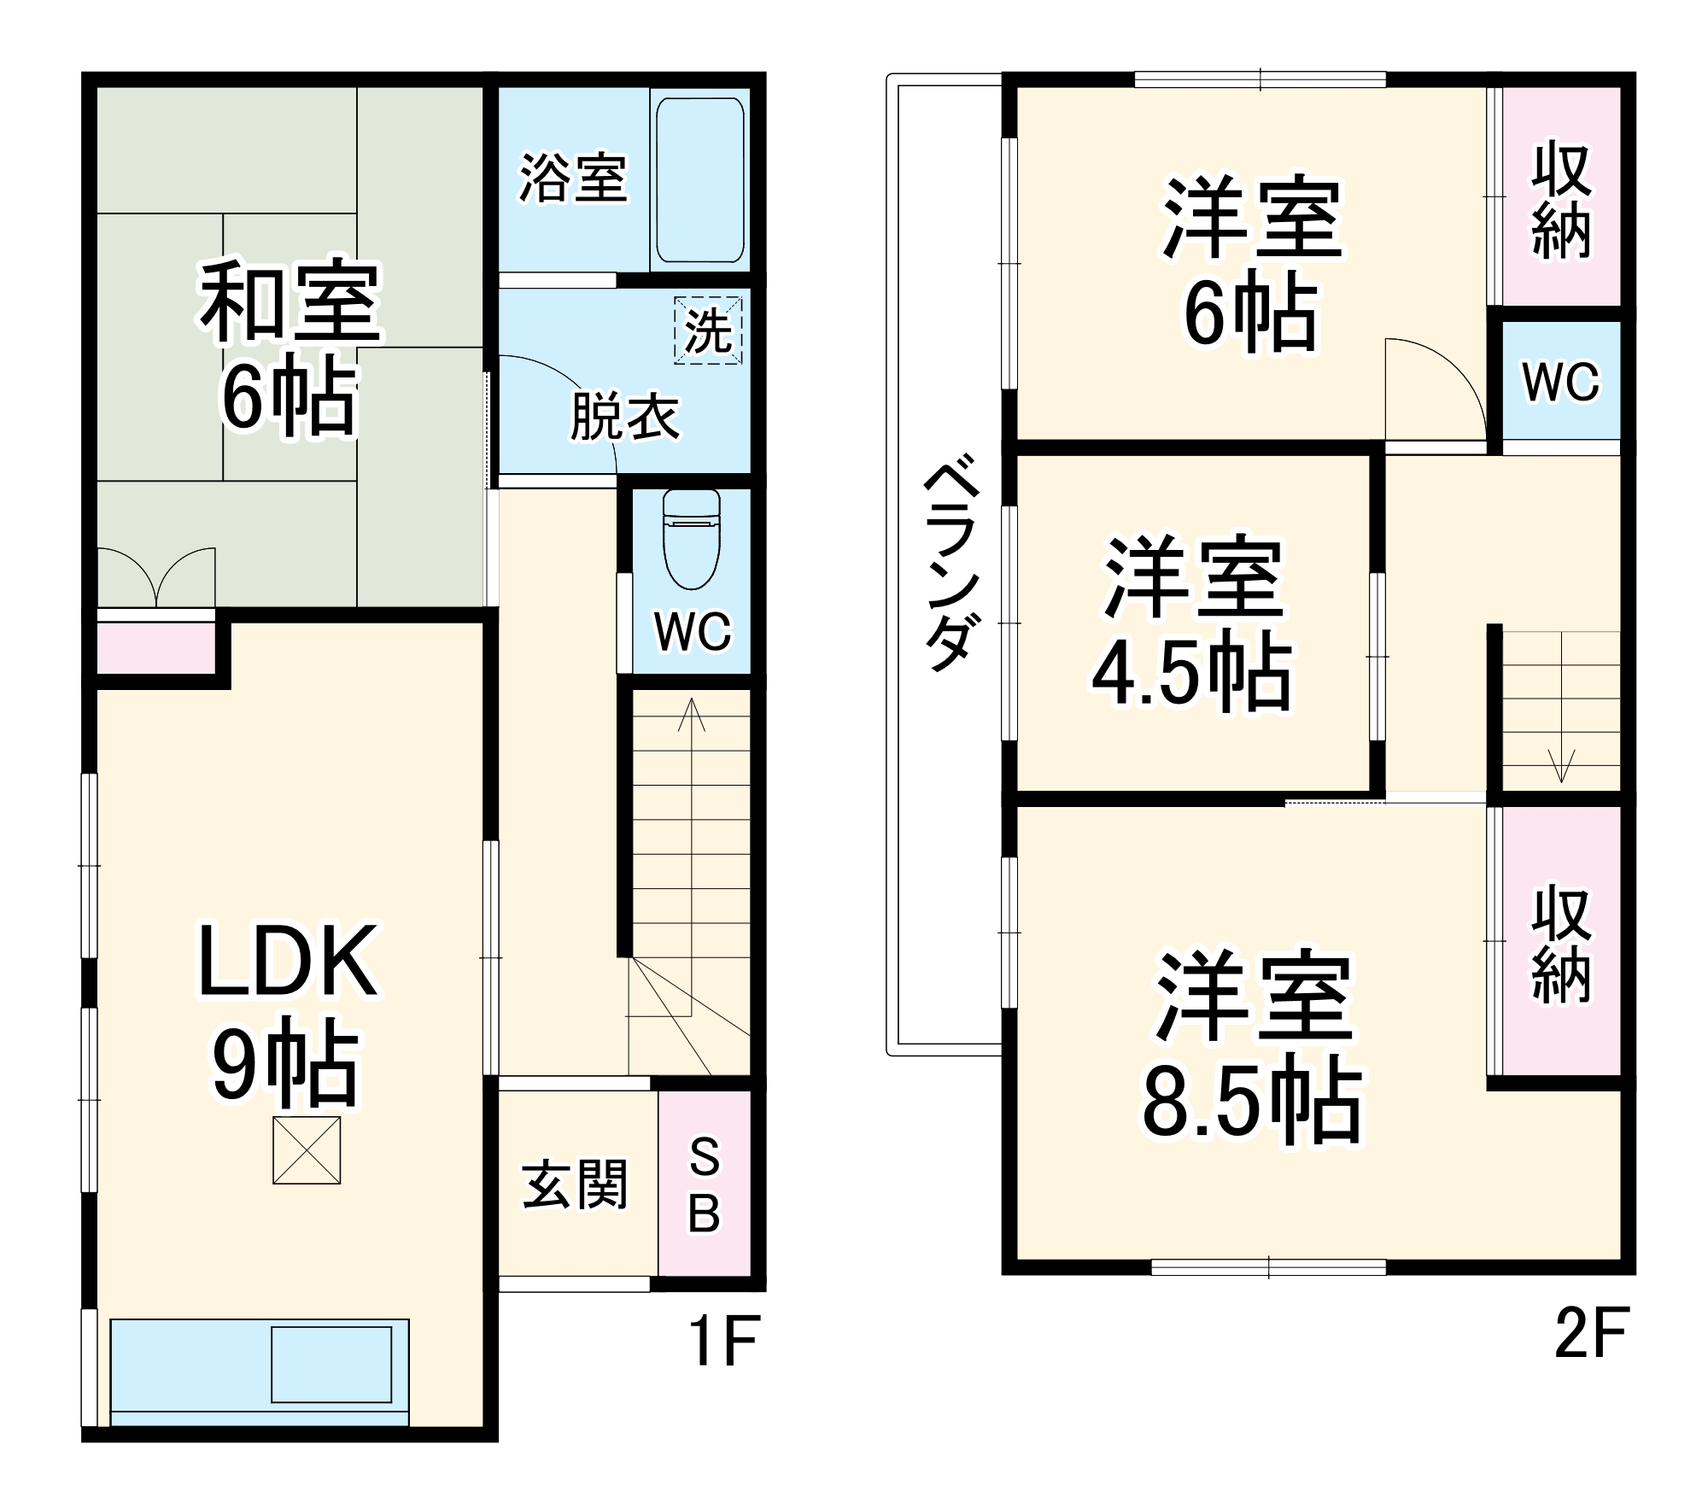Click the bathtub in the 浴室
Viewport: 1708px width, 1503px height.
pyautogui.click(x=698, y=180)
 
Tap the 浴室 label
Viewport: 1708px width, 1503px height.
pyautogui.click(x=573, y=179)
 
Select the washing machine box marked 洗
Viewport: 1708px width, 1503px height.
pyautogui.click(x=708, y=330)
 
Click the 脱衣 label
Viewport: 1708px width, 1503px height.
pyautogui.click(x=624, y=418)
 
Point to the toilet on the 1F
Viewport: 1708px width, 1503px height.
pyautogui.click(x=691, y=540)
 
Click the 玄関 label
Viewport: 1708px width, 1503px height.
pyautogui.click(x=575, y=1184)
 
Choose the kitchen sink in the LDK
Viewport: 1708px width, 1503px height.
pyautogui.click(x=331, y=1364)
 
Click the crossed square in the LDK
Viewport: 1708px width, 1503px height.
pyautogui.click(x=307, y=1150)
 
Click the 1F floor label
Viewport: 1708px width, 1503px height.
pyautogui.click(x=723, y=1341)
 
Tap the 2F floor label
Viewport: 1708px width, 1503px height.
pyautogui.click(x=1592, y=1332)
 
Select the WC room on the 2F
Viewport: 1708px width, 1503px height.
pyautogui.click(x=1560, y=382)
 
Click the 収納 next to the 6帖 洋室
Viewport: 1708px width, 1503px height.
pyautogui.click(x=1560, y=202)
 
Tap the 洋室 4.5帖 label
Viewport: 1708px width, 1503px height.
pyautogui.click(x=1193, y=626)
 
